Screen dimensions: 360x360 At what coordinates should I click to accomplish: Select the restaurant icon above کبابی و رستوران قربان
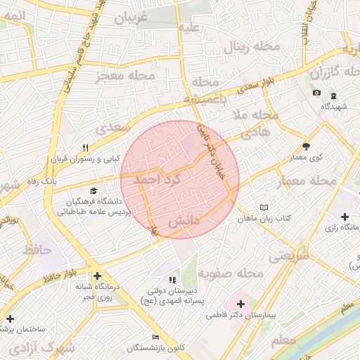pos(86,148)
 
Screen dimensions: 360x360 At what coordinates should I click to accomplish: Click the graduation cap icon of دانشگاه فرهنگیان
pos(94,191)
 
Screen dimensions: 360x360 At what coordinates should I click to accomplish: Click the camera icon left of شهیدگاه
pos(316,93)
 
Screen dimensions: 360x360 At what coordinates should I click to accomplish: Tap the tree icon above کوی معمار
pos(306,146)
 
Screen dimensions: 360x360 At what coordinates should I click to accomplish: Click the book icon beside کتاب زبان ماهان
pos(264,208)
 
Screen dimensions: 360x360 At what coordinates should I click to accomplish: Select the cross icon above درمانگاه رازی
pos(345,217)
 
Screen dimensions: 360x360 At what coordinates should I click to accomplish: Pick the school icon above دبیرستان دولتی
pos(173,281)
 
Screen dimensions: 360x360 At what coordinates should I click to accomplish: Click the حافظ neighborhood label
pos(37,249)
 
